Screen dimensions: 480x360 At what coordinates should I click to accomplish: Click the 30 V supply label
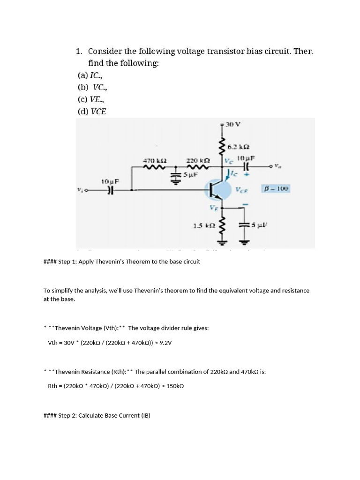[x=233, y=125]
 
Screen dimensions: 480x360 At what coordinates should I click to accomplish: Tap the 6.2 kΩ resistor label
[x=237, y=147]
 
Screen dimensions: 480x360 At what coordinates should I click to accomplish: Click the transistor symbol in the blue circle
[x=217, y=190]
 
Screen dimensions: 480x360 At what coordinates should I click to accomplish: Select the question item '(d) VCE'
[x=92, y=112]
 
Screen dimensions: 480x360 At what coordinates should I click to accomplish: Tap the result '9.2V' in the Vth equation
[x=165, y=343]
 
